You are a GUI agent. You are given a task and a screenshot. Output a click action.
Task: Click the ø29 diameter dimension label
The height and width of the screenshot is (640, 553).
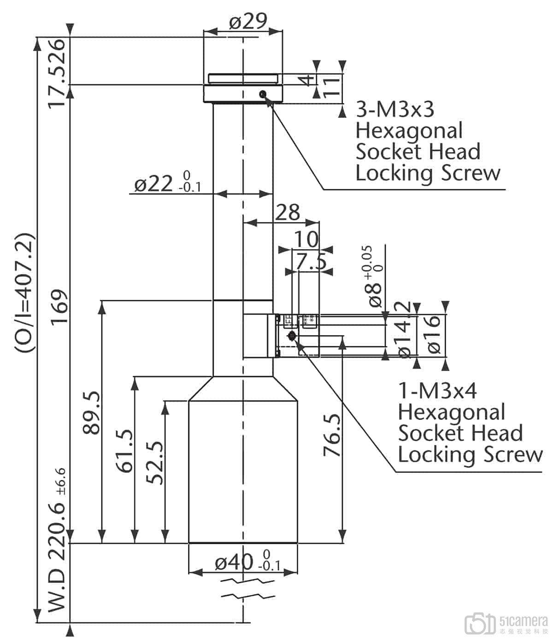pos(248,21)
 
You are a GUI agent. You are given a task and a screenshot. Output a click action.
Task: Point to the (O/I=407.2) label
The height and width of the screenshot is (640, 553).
pos(24,293)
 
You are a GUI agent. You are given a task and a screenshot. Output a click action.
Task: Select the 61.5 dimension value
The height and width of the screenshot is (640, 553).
pos(125,451)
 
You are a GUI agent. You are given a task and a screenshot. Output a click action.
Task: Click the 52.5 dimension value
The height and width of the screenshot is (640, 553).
pos(155,463)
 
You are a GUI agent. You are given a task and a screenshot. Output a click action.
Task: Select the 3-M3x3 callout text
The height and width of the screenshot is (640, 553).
pos(395,110)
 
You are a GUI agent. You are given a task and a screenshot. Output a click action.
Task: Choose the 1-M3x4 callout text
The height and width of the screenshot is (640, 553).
pos(437,391)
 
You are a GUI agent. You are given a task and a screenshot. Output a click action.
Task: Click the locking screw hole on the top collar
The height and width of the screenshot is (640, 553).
pos(263,94)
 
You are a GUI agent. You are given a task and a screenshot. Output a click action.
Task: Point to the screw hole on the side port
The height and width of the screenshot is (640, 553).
pos(291,336)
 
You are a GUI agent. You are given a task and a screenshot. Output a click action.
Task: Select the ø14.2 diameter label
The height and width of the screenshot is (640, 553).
pos(404,330)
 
